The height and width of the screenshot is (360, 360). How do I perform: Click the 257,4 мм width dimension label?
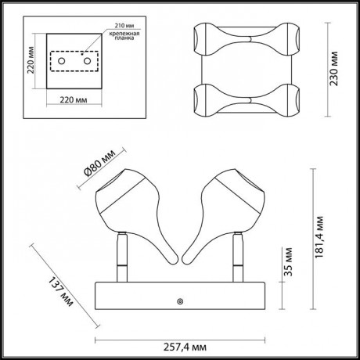point(185,347)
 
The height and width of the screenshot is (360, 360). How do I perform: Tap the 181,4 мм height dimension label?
point(319,237)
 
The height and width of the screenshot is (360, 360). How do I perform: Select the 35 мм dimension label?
point(288,261)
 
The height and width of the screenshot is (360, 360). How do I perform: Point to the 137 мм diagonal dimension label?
point(60,291)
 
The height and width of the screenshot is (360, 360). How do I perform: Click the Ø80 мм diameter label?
point(99,164)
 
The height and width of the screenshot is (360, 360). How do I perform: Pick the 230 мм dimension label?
point(333,69)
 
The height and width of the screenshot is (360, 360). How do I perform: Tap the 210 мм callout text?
point(124,26)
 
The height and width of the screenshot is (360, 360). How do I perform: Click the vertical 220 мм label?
point(31,60)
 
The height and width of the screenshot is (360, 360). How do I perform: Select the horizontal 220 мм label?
point(74,99)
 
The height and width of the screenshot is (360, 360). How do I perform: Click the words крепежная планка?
point(124,36)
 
